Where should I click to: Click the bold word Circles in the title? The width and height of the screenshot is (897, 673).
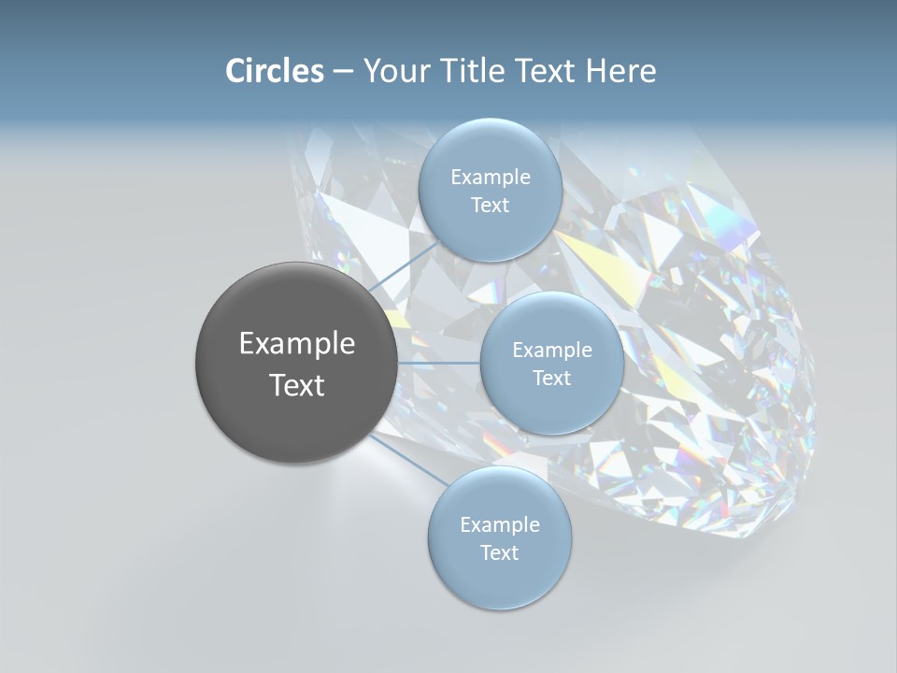click(x=274, y=71)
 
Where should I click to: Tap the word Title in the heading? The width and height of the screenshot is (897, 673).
click(x=472, y=71)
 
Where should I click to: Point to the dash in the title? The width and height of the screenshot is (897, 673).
click(x=343, y=72)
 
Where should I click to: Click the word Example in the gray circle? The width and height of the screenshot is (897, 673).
click(x=296, y=344)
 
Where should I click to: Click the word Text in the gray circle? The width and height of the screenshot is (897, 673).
click(x=296, y=385)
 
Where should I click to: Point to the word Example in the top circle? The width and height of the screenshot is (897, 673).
click(x=490, y=178)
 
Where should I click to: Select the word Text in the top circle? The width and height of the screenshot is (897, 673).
click(x=490, y=206)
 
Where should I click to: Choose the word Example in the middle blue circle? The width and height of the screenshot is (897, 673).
click(x=551, y=351)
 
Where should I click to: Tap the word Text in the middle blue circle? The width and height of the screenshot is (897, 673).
click(x=551, y=379)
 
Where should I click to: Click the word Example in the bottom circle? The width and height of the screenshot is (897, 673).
click(x=499, y=525)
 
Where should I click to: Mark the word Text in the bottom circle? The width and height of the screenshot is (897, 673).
click(x=499, y=553)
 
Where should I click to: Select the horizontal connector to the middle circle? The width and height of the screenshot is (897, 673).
click(x=438, y=363)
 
